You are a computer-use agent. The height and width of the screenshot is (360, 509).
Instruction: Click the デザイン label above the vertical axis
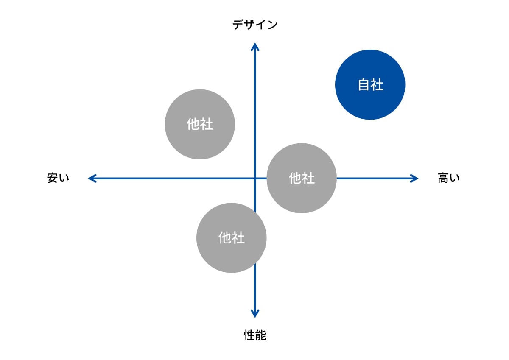click(x=255, y=25)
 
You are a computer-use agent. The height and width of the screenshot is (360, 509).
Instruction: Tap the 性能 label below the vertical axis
click(x=255, y=335)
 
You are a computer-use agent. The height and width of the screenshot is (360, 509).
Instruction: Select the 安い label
click(x=58, y=178)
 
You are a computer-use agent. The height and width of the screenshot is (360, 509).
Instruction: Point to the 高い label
click(x=449, y=178)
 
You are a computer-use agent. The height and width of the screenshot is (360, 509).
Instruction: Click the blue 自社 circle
click(x=370, y=84)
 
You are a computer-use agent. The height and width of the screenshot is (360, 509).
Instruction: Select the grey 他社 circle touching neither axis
click(x=200, y=124)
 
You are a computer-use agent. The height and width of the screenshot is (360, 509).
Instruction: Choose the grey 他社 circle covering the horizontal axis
click(x=302, y=178)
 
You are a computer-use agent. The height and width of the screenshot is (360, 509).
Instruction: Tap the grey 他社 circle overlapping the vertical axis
click(x=231, y=238)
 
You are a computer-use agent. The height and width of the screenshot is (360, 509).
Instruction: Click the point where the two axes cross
click(x=255, y=178)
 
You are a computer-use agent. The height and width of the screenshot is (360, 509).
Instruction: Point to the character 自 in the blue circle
click(x=364, y=84)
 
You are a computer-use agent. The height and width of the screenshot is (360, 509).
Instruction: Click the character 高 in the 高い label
click(x=443, y=178)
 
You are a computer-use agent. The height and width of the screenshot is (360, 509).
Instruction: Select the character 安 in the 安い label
click(x=52, y=178)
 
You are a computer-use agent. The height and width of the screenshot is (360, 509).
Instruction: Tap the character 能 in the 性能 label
click(x=260, y=335)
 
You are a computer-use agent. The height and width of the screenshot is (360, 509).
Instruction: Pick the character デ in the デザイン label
click(x=238, y=25)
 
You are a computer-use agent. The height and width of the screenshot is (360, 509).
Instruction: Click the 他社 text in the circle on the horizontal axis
click(x=302, y=178)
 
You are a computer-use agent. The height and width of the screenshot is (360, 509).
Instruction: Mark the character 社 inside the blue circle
click(x=377, y=84)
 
